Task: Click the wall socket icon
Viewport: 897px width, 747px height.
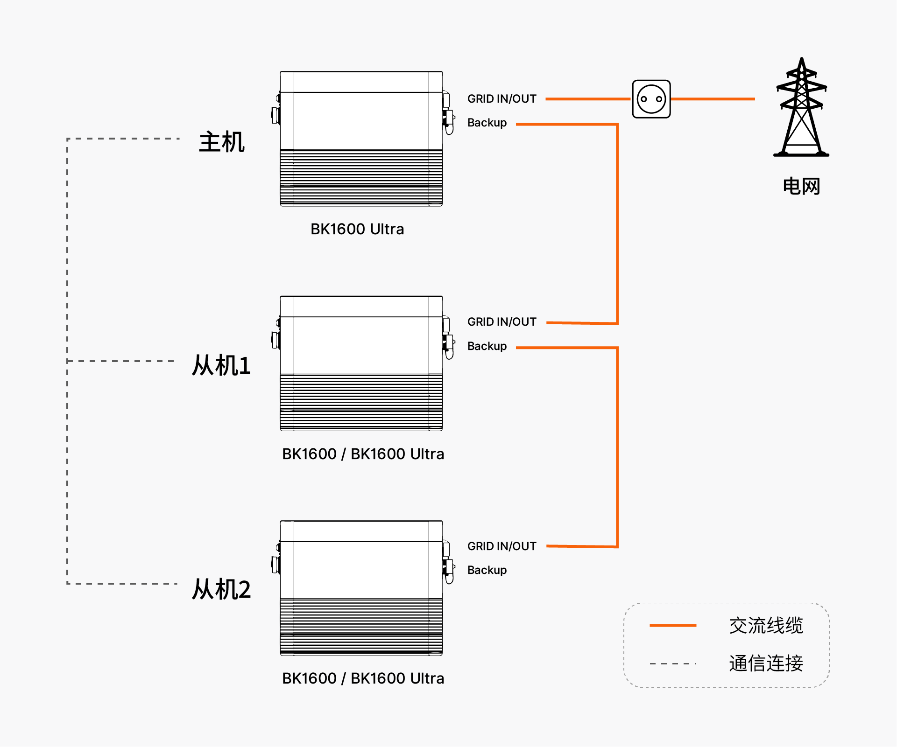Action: pos(651,99)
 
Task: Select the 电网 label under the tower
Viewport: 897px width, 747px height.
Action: pos(801,186)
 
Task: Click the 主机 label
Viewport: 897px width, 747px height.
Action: pos(222,142)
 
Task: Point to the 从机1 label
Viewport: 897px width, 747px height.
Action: pos(221,365)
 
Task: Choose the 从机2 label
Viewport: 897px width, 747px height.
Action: pos(221,589)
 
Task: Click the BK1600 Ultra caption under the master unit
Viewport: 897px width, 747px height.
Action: pos(357,229)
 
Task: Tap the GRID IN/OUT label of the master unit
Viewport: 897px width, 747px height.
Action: pos(502,99)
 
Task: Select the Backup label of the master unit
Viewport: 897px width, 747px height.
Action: pos(487,123)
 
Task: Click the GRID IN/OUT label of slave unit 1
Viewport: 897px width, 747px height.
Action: pos(502,322)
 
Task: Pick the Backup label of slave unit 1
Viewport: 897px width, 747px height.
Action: pos(487,346)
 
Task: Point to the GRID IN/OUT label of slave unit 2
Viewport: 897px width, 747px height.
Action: pos(502,546)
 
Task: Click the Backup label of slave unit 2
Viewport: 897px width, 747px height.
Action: pos(487,570)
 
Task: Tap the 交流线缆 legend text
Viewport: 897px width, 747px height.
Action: pos(766,626)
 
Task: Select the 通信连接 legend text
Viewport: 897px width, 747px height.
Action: pos(766,663)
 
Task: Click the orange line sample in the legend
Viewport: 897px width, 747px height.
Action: pos(673,625)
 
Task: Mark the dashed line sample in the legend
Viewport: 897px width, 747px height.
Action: pos(673,663)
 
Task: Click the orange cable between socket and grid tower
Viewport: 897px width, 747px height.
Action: pos(713,99)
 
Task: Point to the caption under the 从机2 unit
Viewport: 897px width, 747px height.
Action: pos(363,678)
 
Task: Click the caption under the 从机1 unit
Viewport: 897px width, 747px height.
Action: pos(363,454)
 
